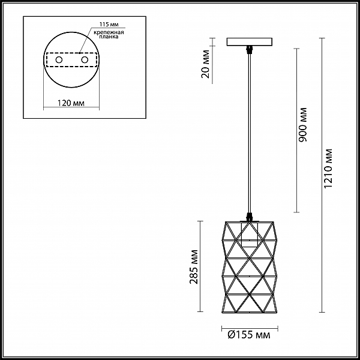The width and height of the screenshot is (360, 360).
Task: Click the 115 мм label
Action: tap(109, 25)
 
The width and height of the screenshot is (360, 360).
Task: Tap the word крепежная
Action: tap(109, 32)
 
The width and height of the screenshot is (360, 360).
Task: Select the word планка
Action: tap(109, 37)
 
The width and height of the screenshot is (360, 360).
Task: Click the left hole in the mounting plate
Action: tap(59, 60)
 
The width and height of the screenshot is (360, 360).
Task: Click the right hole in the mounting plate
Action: tap(85, 60)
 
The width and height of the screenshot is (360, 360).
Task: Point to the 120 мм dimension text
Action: tap(71, 103)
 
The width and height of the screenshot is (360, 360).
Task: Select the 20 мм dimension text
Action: tap(206, 64)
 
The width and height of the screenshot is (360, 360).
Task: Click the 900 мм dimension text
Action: tap(303, 125)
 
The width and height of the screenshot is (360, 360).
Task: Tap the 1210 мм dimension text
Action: tap(328, 169)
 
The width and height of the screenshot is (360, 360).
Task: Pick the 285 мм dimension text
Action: tap(194, 266)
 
